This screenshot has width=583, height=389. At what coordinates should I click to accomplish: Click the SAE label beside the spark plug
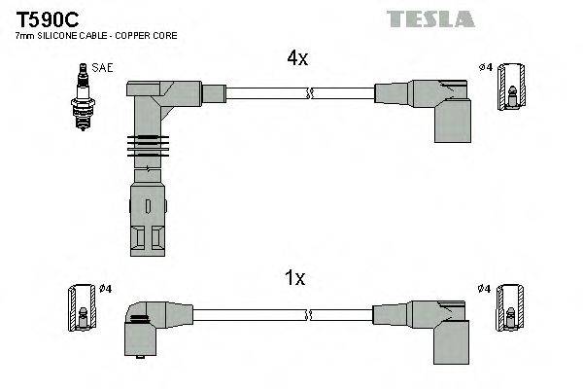(x=102, y=68)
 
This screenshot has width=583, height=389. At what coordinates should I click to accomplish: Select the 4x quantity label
(x=296, y=58)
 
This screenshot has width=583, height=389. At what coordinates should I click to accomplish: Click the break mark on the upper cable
(x=309, y=94)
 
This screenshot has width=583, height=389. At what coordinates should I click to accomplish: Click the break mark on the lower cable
(x=309, y=314)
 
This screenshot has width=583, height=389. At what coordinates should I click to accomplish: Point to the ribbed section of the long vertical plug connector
(x=143, y=148)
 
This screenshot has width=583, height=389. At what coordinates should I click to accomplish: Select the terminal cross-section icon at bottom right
(x=509, y=313)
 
